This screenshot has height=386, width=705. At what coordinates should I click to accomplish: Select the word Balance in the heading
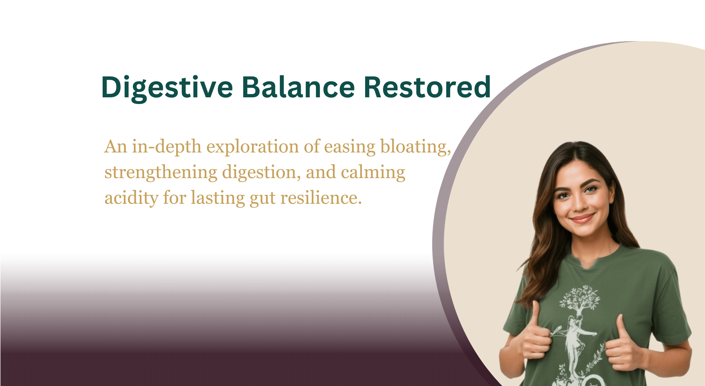[x=299, y=87]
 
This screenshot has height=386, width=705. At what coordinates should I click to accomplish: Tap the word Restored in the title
[x=427, y=87]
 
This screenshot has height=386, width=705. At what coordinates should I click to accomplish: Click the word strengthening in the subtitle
[x=161, y=173]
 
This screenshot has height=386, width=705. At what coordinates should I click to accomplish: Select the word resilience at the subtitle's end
[x=321, y=198]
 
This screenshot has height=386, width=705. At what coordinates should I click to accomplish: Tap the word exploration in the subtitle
[x=253, y=147]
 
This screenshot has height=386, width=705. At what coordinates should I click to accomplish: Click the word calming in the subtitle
[x=373, y=173]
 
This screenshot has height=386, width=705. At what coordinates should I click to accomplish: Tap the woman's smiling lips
[x=582, y=219]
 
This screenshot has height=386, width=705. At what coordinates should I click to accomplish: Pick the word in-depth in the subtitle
[x=167, y=147]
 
